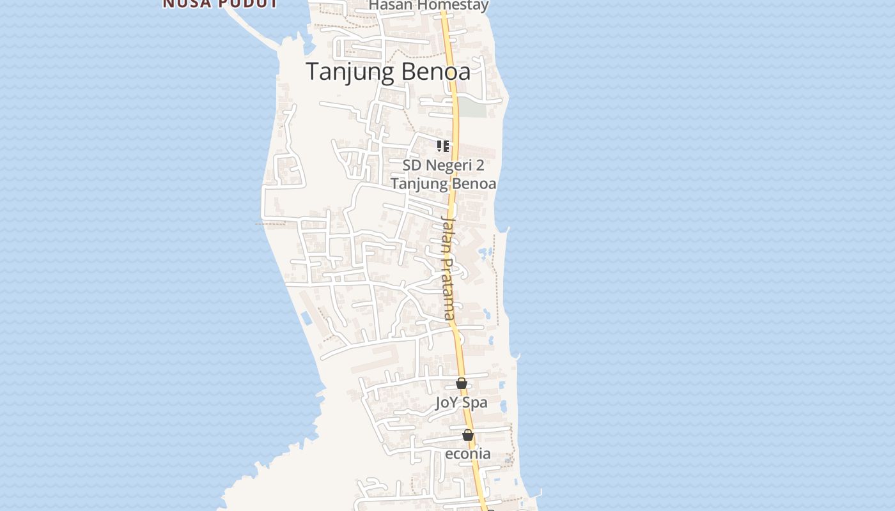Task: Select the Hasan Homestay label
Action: [429, 6]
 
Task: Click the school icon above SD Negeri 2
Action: [443, 146]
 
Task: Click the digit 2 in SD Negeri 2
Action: [479, 165]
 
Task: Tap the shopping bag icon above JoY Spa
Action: [462, 383]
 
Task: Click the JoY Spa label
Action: [462, 402]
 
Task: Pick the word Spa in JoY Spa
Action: [475, 402]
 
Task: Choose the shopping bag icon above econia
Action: [468, 435]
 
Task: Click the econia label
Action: [468, 454]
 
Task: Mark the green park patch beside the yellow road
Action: [473, 107]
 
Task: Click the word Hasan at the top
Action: [389, 6]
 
